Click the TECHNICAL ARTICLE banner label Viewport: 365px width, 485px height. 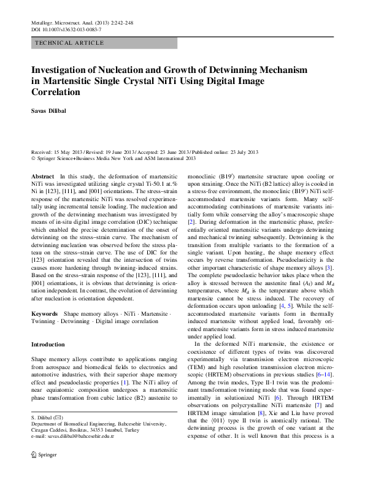coord(69,44)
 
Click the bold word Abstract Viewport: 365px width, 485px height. coord(42,176)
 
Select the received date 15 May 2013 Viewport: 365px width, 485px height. coord(69,151)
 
